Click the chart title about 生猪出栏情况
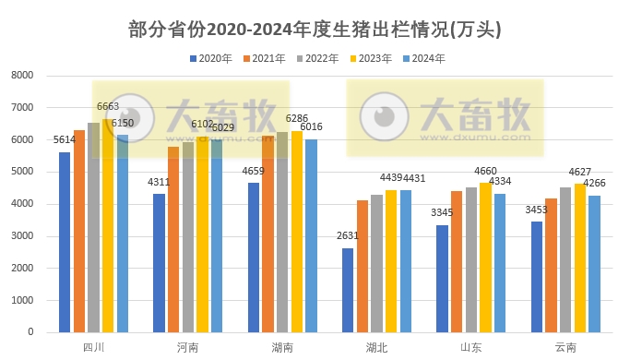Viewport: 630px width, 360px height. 315,29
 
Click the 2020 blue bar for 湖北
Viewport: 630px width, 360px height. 347,290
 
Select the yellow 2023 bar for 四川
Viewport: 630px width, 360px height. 108,225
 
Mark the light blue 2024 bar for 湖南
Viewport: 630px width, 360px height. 311,235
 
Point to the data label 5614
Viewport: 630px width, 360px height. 65,140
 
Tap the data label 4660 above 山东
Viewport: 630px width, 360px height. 485,171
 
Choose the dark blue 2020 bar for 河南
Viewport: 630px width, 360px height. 159,263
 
